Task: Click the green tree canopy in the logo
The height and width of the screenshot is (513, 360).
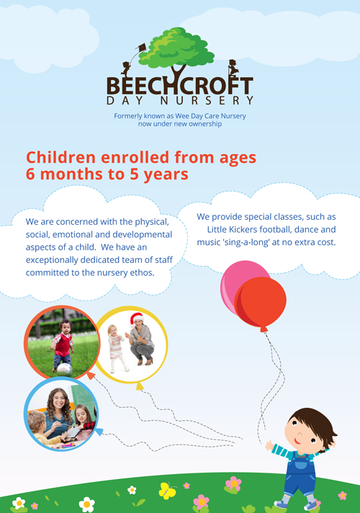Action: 176,48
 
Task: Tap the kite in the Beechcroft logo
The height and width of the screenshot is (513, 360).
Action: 142,48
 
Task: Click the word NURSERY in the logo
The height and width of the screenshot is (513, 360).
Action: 207,100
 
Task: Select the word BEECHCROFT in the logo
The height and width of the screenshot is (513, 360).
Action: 180,86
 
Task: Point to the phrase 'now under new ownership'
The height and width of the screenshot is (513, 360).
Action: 180,124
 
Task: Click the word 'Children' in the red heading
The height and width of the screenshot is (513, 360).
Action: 60,157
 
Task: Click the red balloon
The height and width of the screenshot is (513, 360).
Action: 261,303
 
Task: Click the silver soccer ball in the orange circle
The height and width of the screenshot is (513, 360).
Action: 64,370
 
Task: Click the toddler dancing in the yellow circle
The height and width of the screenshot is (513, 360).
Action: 116,349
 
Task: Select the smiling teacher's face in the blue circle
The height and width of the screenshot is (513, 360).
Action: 59,400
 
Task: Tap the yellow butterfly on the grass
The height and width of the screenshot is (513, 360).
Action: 168,491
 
